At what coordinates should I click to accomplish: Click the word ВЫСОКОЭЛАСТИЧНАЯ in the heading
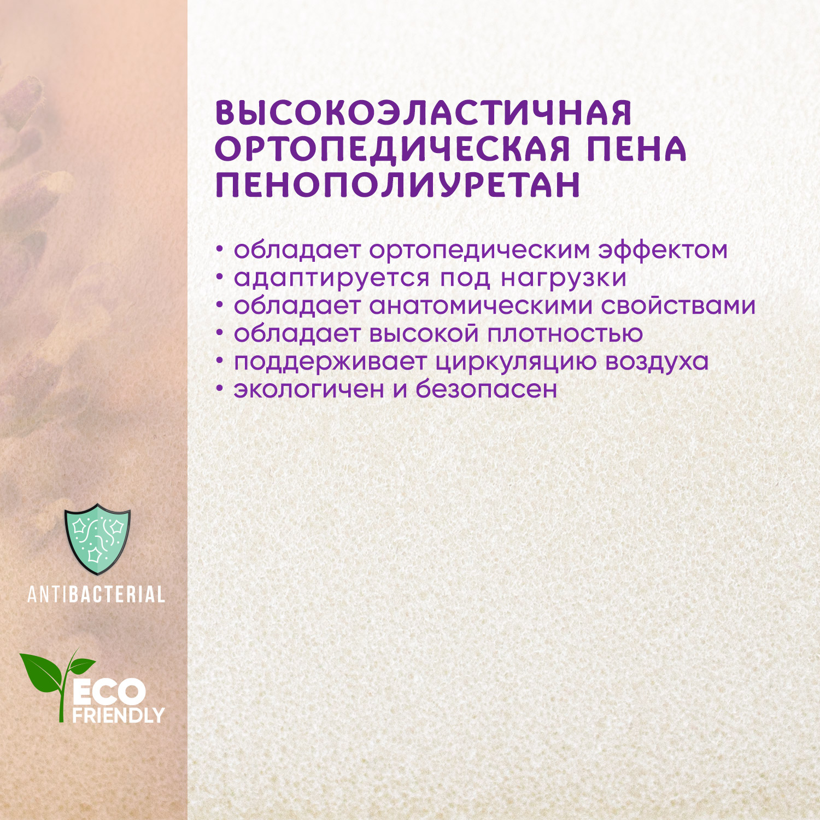click(x=424, y=113)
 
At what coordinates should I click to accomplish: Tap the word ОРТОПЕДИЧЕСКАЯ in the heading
click(x=393, y=149)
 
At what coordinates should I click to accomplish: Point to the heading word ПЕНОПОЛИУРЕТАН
click(x=398, y=185)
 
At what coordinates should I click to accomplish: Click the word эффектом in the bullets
click(x=663, y=250)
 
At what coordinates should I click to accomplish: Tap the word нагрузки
click(x=563, y=278)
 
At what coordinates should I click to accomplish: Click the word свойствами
click(x=678, y=306)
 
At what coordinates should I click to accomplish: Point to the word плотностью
click(x=565, y=333)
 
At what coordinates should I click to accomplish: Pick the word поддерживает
click(x=330, y=361)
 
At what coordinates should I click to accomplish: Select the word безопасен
click(x=487, y=389)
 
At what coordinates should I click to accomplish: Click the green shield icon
click(x=97, y=538)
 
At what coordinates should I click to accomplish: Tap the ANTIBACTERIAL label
click(x=96, y=594)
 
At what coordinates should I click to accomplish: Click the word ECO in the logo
click(x=109, y=693)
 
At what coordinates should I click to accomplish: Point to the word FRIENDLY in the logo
click(x=118, y=715)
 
